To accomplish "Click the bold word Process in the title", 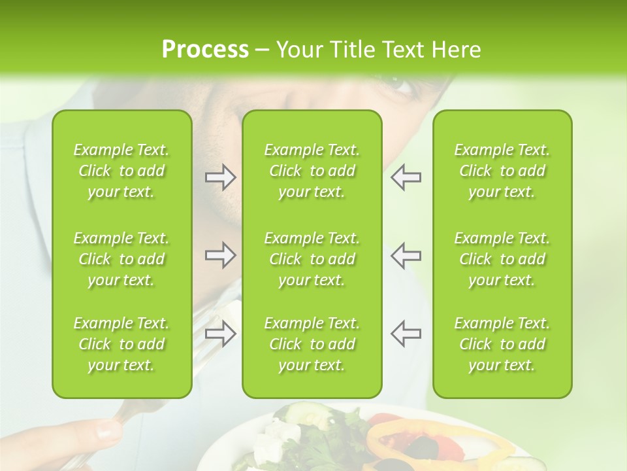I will pyautogui.click(x=204, y=50).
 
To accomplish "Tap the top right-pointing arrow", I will pyautogui.click(x=220, y=177).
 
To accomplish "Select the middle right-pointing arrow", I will pyautogui.click(x=220, y=255).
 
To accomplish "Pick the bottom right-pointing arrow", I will pyautogui.click(x=220, y=334).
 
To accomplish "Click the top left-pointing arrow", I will pyautogui.click(x=406, y=177).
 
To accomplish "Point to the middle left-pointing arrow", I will pyautogui.click(x=406, y=255).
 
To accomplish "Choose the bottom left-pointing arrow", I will pyautogui.click(x=406, y=333).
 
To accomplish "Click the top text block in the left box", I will pyautogui.click(x=121, y=171).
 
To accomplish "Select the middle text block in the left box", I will pyautogui.click(x=121, y=259).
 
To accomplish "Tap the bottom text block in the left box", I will pyautogui.click(x=121, y=344).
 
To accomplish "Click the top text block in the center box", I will pyautogui.click(x=312, y=171).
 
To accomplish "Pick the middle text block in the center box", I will pyautogui.click(x=312, y=259).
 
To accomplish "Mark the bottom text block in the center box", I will pyautogui.click(x=312, y=344).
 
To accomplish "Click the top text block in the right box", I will pyautogui.click(x=502, y=171).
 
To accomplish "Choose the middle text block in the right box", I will pyautogui.click(x=502, y=259).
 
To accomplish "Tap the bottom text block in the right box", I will pyautogui.click(x=502, y=344).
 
